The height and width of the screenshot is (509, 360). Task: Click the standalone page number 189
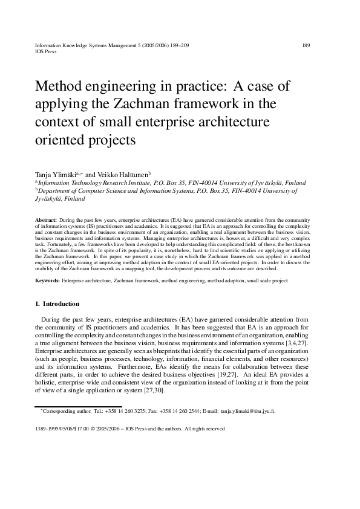[x=306, y=45]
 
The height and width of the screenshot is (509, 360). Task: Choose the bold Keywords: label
[x=48, y=281]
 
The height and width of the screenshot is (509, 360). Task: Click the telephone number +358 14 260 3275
[x=114, y=411]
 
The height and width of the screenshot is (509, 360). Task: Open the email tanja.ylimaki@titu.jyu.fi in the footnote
[x=247, y=411]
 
